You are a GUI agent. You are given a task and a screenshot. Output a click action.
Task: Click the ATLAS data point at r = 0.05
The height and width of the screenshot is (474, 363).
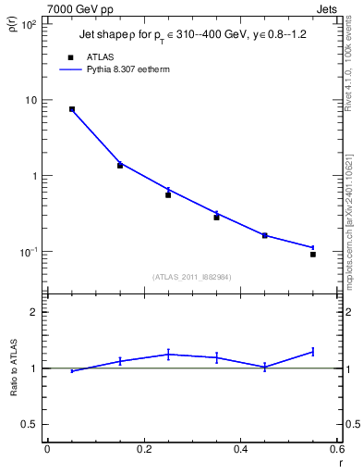point(72,109)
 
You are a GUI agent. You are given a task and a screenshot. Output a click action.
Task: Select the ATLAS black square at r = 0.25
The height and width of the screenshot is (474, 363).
point(168,195)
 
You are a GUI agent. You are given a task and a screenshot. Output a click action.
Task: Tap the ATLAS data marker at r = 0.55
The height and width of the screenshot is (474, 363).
point(313,255)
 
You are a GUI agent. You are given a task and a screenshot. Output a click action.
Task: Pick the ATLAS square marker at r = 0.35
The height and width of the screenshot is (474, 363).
point(216,218)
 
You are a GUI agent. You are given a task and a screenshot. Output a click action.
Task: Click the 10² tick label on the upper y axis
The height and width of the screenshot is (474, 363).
point(30,25)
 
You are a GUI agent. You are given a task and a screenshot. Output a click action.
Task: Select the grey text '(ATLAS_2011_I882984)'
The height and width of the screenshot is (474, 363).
point(191,276)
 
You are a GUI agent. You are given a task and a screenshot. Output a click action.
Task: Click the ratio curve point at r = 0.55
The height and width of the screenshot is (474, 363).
point(313,352)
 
